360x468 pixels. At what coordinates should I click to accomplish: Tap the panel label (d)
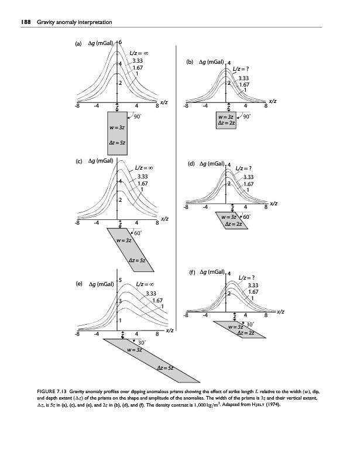(x=191, y=164)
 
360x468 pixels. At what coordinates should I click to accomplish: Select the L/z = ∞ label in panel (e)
(x=145, y=284)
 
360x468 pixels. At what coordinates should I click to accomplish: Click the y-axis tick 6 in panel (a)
(x=120, y=42)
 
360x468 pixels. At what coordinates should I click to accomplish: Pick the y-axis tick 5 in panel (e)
(x=120, y=280)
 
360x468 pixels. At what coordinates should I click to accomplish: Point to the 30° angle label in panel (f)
(x=249, y=324)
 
